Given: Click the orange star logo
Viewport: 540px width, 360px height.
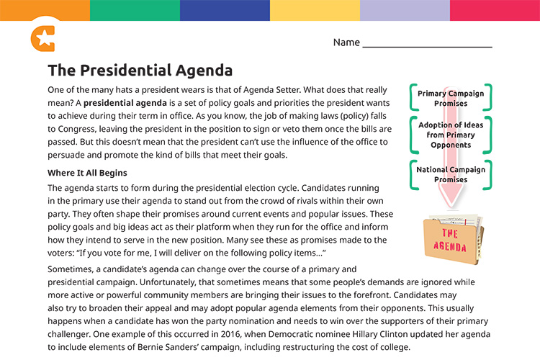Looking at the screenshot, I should pyautogui.click(x=42, y=38).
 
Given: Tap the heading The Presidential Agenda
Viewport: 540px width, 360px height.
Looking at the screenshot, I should pyautogui.click(x=140, y=71).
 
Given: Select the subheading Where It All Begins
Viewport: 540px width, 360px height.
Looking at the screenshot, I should pyautogui.click(x=87, y=173).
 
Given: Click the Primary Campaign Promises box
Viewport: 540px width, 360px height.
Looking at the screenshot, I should pyautogui.click(x=451, y=99).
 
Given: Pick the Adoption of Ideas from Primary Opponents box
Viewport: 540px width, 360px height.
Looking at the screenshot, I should pyautogui.click(x=451, y=135).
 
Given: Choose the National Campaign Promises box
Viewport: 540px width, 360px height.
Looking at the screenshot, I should pyautogui.click(x=451, y=174).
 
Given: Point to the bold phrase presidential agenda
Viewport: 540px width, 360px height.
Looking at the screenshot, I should pyautogui.click(x=124, y=104).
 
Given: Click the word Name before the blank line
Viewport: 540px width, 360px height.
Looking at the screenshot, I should pyautogui.click(x=346, y=42).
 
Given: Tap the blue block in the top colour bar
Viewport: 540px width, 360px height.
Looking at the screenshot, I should pyautogui.click(x=225, y=10).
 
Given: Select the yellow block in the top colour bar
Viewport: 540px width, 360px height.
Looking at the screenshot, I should pyautogui.click(x=315, y=10).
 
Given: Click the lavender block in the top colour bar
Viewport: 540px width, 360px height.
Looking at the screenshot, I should pyautogui.click(x=405, y=10).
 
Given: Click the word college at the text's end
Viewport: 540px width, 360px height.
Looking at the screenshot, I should pyautogui.click(x=395, y=346).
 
